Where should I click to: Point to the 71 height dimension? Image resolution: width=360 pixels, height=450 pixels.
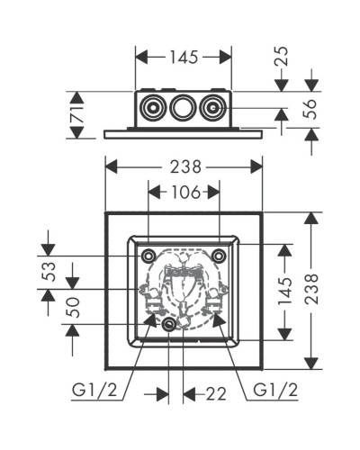pyautogui.click(x=76, y=114)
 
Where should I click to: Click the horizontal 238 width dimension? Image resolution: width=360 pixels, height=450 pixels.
pyautogui.click(x=184, y=166)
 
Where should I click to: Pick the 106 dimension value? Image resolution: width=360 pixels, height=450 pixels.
pyautogui.click(x=184, y=191)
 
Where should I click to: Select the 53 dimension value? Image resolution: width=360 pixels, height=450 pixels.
pyautogui.click(x=49, y=270)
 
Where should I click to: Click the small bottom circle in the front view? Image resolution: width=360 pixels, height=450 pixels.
pyautogui.click(x=169, y=324)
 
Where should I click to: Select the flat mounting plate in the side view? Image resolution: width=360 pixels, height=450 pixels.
pyautogui.click(x=184, y=131)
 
